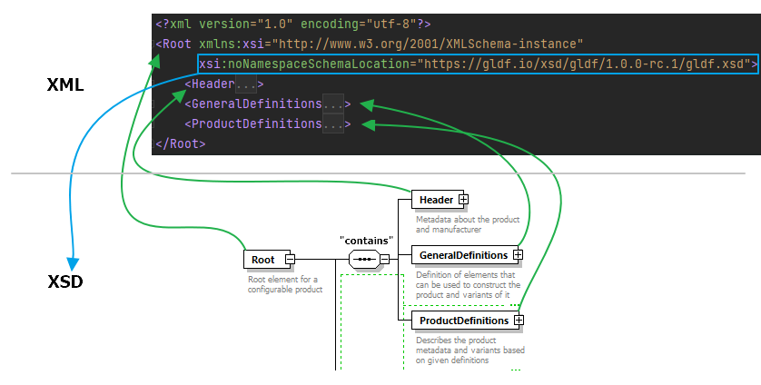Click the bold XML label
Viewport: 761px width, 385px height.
tap(65, 85)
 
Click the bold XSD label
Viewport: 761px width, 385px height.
tap(65, 281)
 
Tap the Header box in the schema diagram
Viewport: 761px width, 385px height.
tap(440, 200)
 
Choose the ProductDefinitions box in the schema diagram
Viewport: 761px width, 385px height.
tap(466, 321)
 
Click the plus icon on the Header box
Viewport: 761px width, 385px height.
tap(463, 200)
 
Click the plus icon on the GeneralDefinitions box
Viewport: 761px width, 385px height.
tap(518, 255)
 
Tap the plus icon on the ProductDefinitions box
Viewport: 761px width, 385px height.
tap(519, 321)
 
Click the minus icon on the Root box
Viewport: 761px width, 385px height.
tap(290, 260)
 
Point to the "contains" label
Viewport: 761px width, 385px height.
tap(367, 241)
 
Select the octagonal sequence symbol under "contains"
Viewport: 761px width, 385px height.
tap(364, 260)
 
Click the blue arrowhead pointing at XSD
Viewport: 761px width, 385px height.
tap(73, 263)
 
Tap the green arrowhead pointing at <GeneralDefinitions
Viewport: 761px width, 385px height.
tap(367, 104)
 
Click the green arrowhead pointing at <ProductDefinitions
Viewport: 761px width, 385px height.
tap(369, 124)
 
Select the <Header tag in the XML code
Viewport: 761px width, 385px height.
tap(210, 84)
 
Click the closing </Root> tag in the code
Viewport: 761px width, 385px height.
tap(181, 143)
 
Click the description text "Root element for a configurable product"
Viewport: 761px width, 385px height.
tap(285, 284)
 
